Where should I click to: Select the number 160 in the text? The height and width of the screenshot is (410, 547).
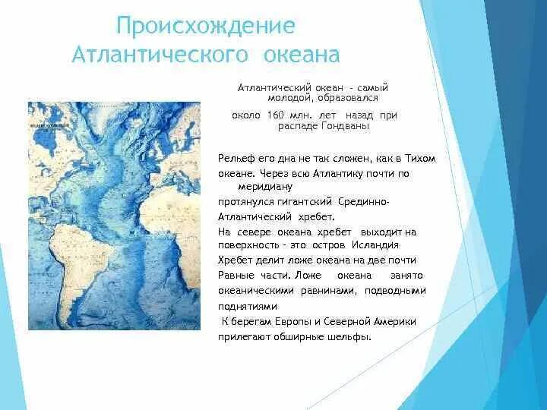(x=274, y=115)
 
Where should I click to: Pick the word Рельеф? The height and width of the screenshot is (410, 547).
(x=234, y=159)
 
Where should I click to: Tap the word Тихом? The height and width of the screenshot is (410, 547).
(x=419, y=159)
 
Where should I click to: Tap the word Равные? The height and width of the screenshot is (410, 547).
(x=235, y=275)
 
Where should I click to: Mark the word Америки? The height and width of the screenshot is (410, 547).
(x=395, y=321)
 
